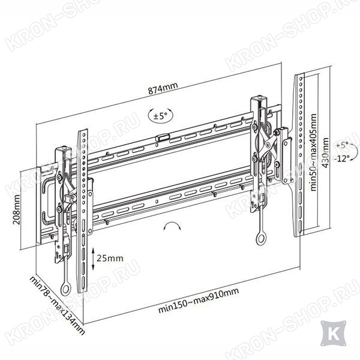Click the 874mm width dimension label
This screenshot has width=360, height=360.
pos(163,88)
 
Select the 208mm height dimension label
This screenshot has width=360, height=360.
pos(17,209)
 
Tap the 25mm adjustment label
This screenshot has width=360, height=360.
pos(110,258)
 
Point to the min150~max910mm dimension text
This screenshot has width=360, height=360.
pos(199,300)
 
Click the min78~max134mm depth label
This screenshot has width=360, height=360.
pos(58,305)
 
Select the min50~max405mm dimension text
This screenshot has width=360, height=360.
pos(313,152)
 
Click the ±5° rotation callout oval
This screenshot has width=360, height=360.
pos(160,115)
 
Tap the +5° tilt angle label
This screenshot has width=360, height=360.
pos(341,145)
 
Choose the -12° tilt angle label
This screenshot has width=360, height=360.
pos(342,158)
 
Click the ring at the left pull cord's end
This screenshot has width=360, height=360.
pos(65,289)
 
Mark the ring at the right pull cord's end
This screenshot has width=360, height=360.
pos(261,239)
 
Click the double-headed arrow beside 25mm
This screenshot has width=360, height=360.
pos(93,259)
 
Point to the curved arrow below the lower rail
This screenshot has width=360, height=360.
pos(172,225)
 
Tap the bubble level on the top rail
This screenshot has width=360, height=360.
pos(163,138)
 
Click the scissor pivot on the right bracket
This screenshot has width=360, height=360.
pos(267,145)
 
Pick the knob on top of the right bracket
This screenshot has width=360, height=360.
pos(260,97)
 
